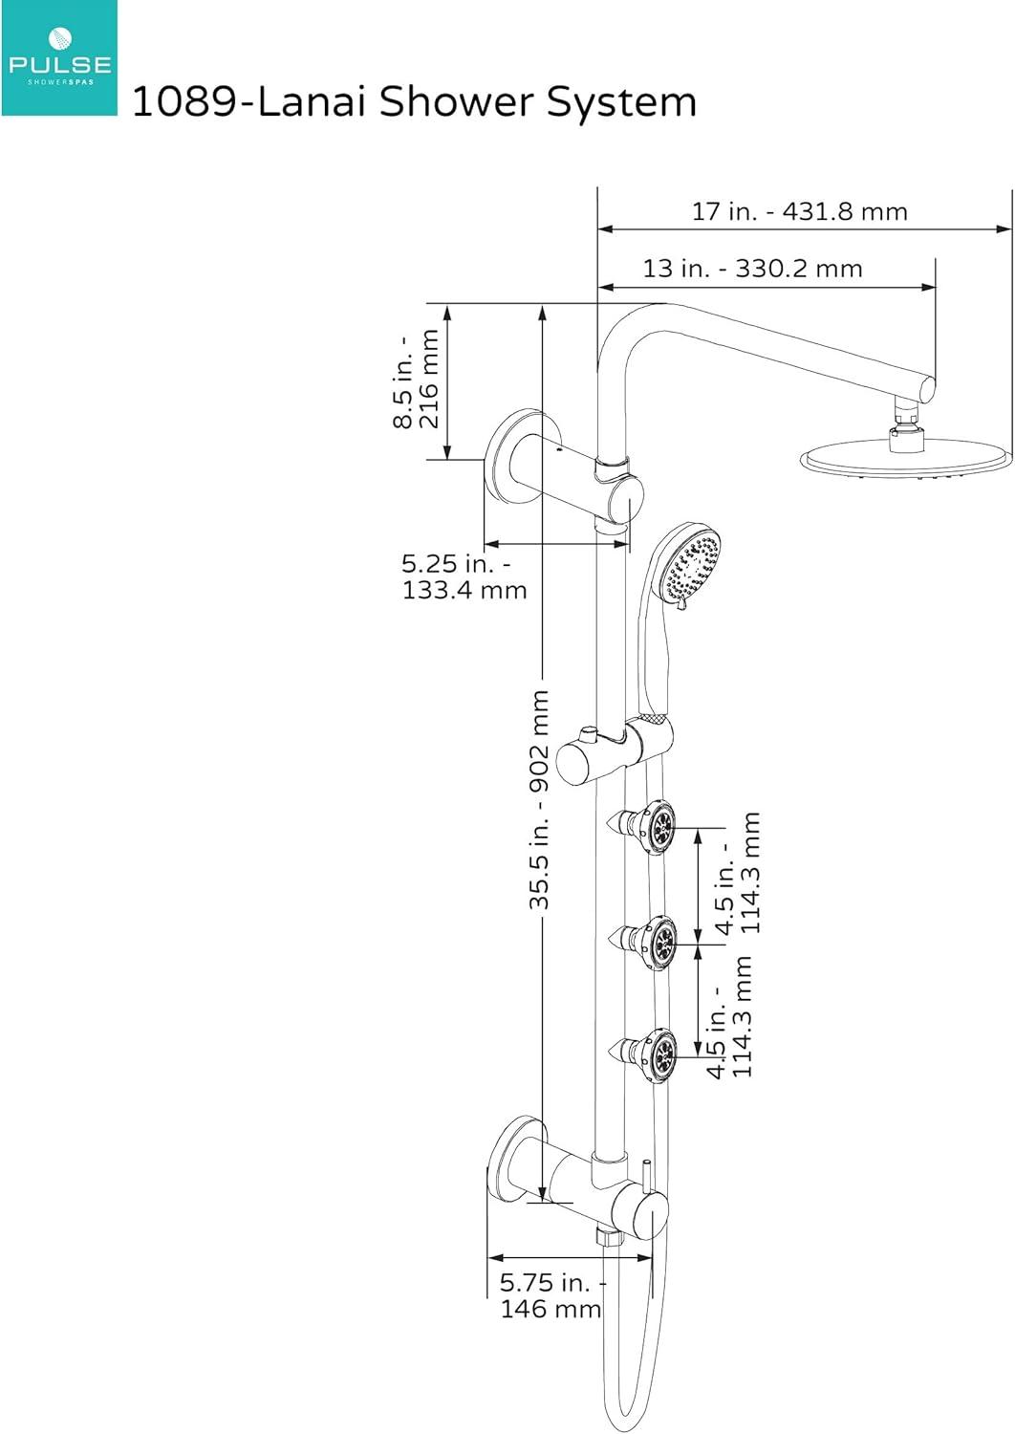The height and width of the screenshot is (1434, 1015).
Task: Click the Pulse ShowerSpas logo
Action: pyautogui.click(x=58, y=58)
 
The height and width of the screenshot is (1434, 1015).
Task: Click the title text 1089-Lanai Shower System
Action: pyautogui.click(x=413, y=101)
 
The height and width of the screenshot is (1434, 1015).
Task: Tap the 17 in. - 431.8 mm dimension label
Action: pyautogui.click(x=799, y=211)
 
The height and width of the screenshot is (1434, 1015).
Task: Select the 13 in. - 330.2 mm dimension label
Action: pyautogui.click(x=752, y=269)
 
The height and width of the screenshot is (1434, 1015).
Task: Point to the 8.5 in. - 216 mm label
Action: pyautogui.click(x=418, y=380)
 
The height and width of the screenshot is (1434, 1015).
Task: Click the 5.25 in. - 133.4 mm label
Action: pyautogui.click(x=464, y=576)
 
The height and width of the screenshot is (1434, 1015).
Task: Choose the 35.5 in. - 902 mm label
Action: pyautogui.click(x=540, y=799)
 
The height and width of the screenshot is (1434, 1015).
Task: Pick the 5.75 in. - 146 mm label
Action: pyautogui.click(x=551, y=1295)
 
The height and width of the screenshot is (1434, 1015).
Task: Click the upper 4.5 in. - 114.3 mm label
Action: pyautogui.click(x=740, y=874)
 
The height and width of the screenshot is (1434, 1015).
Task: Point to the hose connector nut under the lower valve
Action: pyautogui.click(x=609, y=1237)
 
